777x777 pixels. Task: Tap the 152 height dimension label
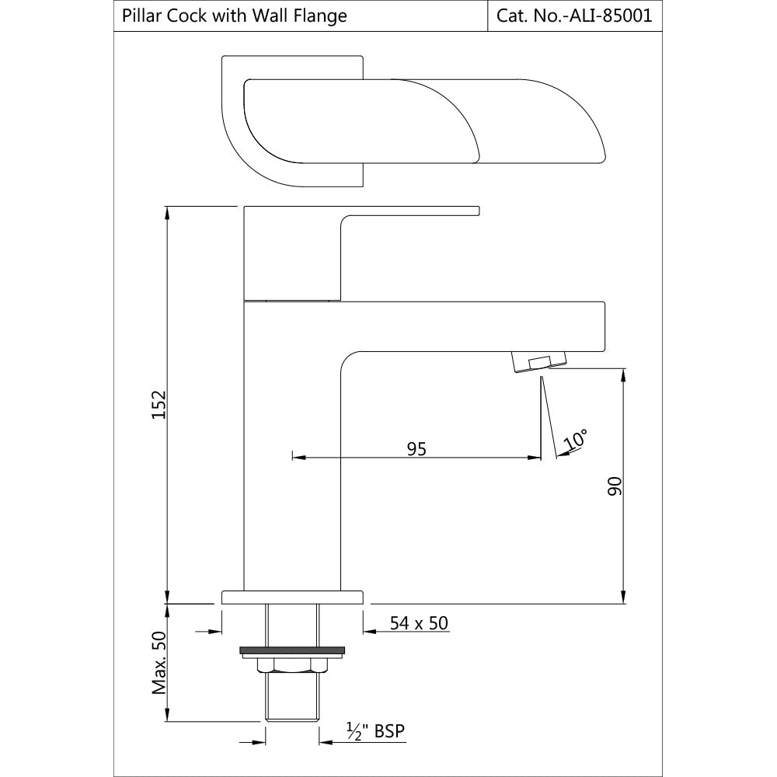158,404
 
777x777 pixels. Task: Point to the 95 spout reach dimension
416,448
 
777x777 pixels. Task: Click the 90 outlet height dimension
614,486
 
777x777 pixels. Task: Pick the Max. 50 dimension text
159,662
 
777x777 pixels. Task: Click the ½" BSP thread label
376,730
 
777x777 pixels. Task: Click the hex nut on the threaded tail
292,664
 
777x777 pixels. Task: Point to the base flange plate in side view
292,597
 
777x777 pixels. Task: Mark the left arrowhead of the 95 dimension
296,457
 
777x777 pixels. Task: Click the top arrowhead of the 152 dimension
167,212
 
